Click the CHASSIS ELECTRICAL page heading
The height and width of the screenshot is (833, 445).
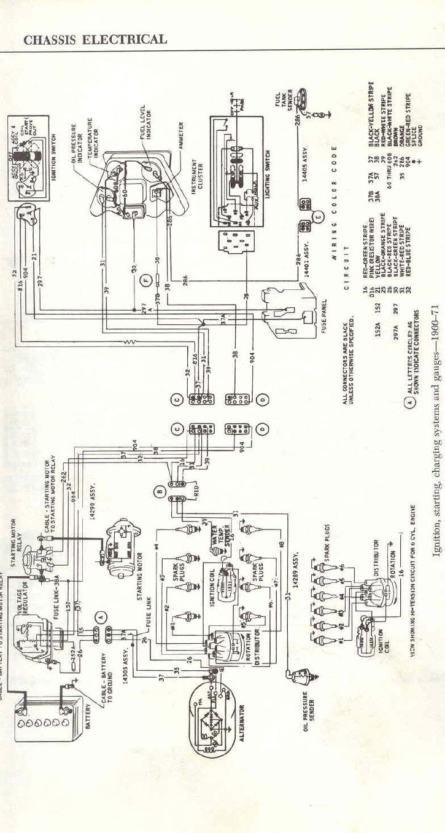coord(95,40)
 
